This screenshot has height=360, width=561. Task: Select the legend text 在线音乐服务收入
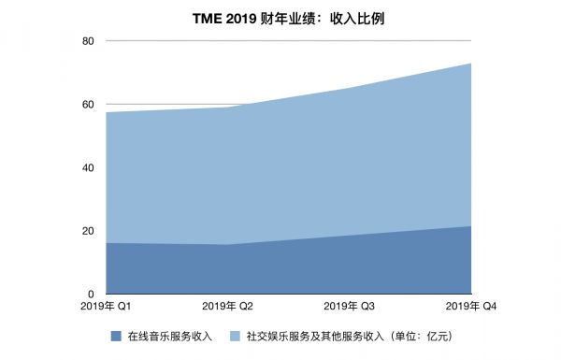click(171, 336)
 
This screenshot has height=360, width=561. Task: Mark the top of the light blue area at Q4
click(469, 64)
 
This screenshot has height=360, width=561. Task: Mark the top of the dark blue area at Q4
click(469, 226)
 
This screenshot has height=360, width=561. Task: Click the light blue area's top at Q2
click(228, 108)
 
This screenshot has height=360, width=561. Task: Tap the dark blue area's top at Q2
click(228, 245)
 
